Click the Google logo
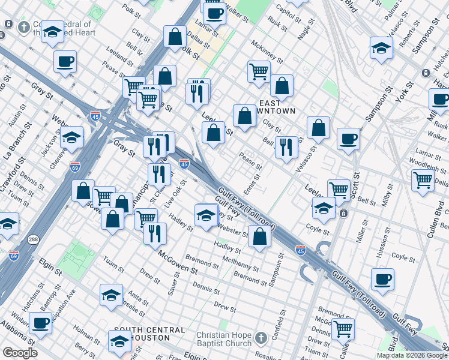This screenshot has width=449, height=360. pos(20,353)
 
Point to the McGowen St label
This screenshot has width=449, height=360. pos(178,262)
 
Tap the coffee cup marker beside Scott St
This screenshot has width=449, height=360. pos(348,140)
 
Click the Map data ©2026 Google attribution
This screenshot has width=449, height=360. pos(412,355)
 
